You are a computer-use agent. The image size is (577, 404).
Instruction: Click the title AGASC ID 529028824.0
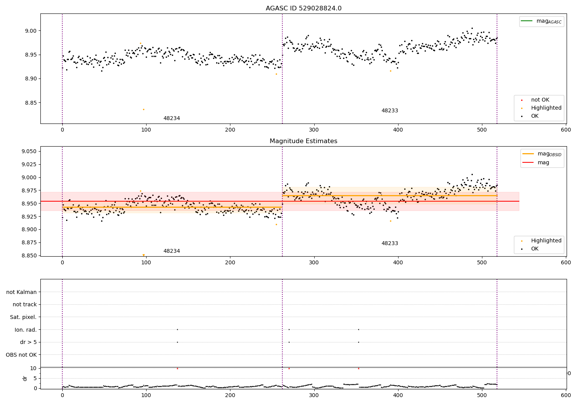pyautogui.click(x=304, y=8)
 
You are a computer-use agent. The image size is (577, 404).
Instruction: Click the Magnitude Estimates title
pyautogui.click(x=304, y=141)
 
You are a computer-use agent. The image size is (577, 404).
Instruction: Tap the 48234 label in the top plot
pyautogui.click(x=172, y=119)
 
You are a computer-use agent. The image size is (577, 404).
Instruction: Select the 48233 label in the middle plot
pyautogui.click(x=390, y=244)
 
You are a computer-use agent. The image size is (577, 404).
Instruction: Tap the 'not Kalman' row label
pyautogui.click(x=22, y=292)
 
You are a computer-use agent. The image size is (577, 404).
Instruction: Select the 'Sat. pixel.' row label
pyautogui.click(x=23, y=317)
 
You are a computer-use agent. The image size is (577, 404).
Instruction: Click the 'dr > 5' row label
pyautogui.click(x=28, y=342)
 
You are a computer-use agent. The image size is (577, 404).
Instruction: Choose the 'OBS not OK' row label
pyautogui.click(x=22, y=355)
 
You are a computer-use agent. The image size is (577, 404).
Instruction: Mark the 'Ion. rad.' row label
pyautogui.click(x=26, y=330)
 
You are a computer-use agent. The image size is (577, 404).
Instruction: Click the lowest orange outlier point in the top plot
pyautogui.click(x=144, y=109)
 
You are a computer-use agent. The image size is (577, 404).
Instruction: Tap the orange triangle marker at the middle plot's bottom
pyautogui.click(x=144, y=255)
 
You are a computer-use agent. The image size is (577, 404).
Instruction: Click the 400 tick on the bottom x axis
pyautogui.click(x=398, y=395)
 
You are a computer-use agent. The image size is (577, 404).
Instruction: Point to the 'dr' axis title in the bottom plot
pyautogui.click(x=25, y=378)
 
